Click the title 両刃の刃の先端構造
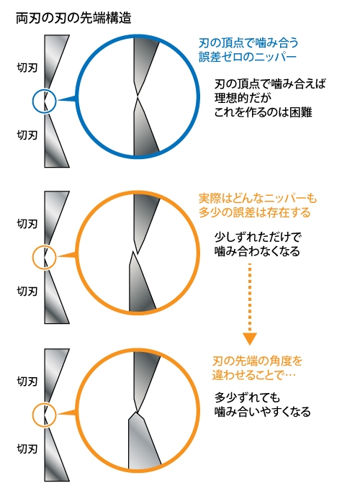73,18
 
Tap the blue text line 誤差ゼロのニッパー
247,57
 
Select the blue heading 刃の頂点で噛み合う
248,42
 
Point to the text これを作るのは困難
263,112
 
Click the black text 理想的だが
243,98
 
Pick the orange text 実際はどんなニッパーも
258,198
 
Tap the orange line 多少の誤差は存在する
255,212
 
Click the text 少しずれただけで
258,237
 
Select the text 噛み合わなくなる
257,251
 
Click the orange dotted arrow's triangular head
250,338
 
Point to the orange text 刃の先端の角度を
257,361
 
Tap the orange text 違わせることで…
254,375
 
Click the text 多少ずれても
247,397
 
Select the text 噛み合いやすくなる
263,412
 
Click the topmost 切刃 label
27,68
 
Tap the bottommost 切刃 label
27,449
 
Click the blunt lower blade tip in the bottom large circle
136,412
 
